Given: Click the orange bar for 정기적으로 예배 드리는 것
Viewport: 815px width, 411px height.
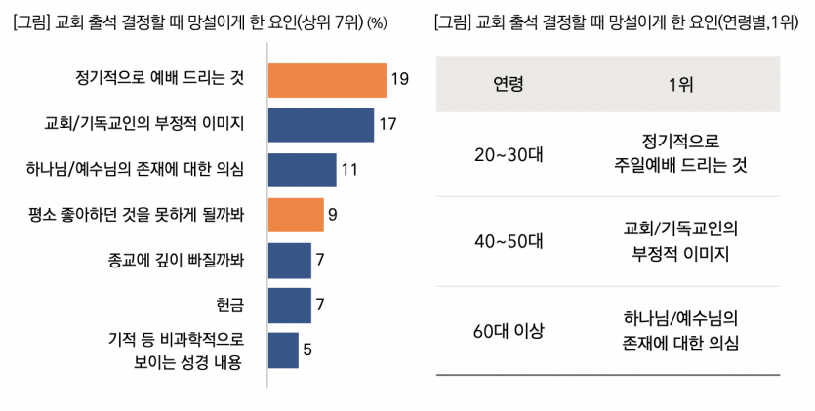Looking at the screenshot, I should click(326, 79).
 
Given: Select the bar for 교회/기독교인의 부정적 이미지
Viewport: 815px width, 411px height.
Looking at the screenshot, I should click(320, 124).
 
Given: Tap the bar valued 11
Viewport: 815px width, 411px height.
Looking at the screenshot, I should click(301, 170).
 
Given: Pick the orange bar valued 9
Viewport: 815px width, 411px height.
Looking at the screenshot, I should click(295, 215).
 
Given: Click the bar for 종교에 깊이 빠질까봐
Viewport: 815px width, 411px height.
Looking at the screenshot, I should click(289, 261).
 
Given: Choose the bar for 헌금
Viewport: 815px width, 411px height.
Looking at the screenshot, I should click(289, 306).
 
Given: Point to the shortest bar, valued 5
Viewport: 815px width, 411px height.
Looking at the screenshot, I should click(283, 350).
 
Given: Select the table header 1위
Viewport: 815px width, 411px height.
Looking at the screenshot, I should click(681, 84).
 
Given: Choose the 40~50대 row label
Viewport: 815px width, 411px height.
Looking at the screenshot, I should click(509, 241).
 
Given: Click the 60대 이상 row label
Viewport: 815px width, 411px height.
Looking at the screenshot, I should click(509, 330).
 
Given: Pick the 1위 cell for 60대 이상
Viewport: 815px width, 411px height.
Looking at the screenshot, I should click(681, 330).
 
